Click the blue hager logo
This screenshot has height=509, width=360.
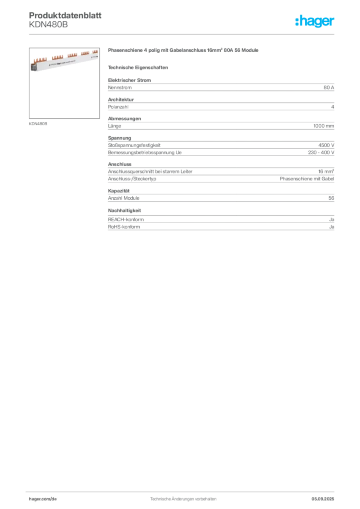(315, 21)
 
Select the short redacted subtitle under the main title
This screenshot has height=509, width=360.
(139, 67)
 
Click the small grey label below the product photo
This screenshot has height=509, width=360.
(38, 123)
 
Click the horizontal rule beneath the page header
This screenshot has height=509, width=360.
(183, 34)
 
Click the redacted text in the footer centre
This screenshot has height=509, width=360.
(182, 496)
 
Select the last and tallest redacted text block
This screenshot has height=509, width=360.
(221, 221)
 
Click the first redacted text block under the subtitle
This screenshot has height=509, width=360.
(221, 86)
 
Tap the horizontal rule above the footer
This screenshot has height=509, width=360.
(183, 489)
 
